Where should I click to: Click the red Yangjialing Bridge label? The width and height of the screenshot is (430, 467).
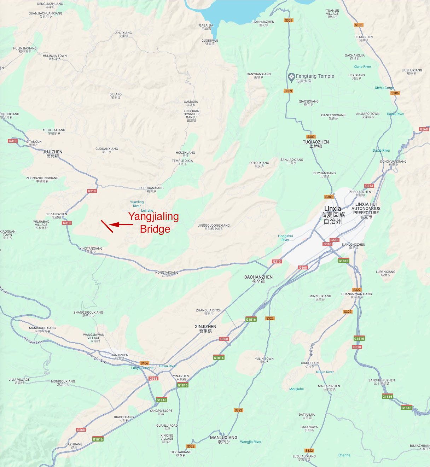(x=154, y=222)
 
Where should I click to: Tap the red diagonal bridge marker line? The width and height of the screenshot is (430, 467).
(x=107, y=226)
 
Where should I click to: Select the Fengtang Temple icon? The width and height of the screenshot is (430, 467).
(x=291, y=76)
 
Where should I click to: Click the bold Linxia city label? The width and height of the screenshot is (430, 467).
(x=332, y=209)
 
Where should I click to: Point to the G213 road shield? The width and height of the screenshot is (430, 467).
(x=369, y=186)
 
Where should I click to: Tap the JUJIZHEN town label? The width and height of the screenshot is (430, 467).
(x=52, y=154)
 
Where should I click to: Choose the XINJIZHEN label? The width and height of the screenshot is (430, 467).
(x=205, y=328)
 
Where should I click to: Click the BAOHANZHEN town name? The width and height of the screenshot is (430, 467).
(x=258, y=279)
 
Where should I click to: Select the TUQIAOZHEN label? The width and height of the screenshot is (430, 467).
(x=315, y=144)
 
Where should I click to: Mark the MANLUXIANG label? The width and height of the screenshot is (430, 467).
(x=223, y=439)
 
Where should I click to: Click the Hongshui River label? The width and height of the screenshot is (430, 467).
(x=285, y=238)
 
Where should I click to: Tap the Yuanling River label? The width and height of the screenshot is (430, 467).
(x=137, y=204)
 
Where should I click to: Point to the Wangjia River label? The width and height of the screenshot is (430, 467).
(x=250, y=442)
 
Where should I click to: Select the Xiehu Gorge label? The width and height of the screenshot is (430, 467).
(x=384, y=88)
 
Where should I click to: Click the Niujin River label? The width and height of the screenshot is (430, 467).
(x=325, y=372)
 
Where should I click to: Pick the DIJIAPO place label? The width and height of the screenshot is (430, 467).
(x=116, y=96)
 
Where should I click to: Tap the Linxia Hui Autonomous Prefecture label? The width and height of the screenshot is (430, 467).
(x=366, y=210)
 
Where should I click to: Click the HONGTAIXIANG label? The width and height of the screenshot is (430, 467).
(x=167, y=274)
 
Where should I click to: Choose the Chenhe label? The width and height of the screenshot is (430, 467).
(x=344, y=455)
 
